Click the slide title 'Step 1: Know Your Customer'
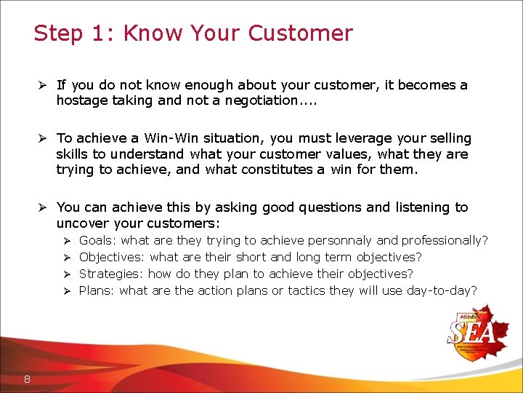point(193,33)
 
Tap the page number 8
point(27,378)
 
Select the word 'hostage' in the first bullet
point(82,101)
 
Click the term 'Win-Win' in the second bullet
point(171,138)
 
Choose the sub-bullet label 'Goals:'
point(98,240)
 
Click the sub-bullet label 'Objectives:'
point(112,257)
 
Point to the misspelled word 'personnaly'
point(341,240)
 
